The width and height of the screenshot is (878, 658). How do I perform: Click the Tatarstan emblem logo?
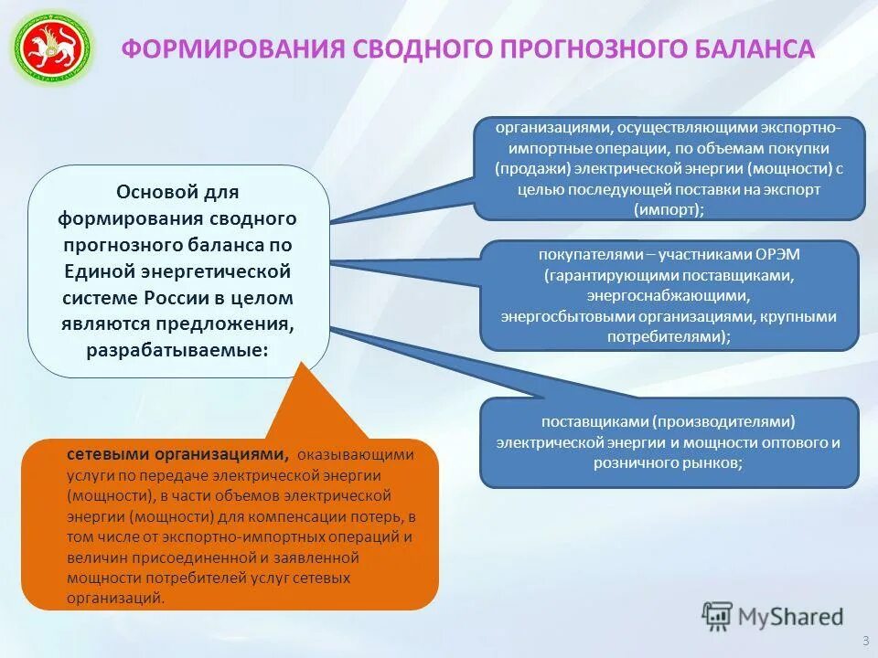pos(52,48)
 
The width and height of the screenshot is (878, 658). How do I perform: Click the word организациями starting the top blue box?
pos(552,128)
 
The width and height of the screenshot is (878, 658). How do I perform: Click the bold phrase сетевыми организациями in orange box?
pos(177,454)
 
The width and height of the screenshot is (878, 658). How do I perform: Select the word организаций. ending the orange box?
pos(116,599)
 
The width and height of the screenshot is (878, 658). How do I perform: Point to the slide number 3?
pos(865,639)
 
